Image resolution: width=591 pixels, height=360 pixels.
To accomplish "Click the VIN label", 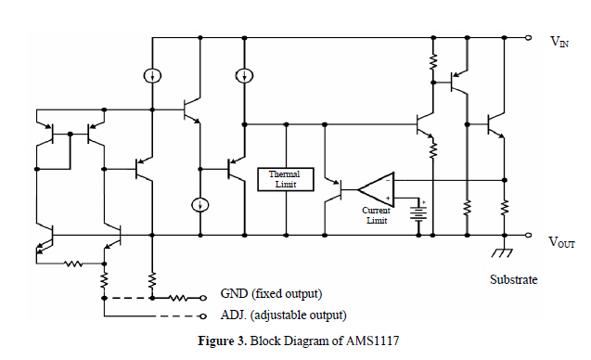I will point(559,41).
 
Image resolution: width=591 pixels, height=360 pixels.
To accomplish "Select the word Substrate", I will point(513,278).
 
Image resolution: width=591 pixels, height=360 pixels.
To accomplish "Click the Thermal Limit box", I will point(285,179).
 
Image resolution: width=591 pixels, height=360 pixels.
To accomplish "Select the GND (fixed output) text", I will point(271,294).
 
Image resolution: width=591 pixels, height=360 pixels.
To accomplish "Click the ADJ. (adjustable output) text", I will point(283,315).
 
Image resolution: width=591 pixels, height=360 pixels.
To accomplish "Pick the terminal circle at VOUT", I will point(528,236).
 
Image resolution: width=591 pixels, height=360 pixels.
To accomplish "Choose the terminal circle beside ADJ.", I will point(203,315).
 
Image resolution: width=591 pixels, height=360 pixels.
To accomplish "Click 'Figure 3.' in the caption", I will point(220,341).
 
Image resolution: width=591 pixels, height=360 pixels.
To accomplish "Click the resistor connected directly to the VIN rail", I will point(432,61).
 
